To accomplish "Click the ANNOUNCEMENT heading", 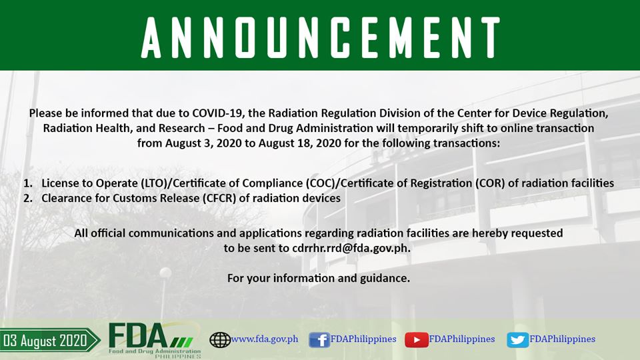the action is (x=321, y=37).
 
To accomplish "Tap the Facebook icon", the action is (x=319, y=339).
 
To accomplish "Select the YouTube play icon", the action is (x=416, y=339).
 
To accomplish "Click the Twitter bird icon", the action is (x=517, y=339).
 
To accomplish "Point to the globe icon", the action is (x=220, y=339).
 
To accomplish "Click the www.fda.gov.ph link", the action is (x=265, y=339).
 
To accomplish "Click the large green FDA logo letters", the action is (x=138, y=337).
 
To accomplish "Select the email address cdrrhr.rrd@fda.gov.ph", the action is (x=351, y=248).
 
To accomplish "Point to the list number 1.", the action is (x=28, y=183).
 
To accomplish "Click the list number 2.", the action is (x=28, y=199).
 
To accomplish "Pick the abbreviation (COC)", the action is (x=321, y=183).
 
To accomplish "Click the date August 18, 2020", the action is (x=299, y=143).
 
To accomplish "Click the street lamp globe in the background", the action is (x=165, y=273).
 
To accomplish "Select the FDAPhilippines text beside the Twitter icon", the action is (x=562, y=339).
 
